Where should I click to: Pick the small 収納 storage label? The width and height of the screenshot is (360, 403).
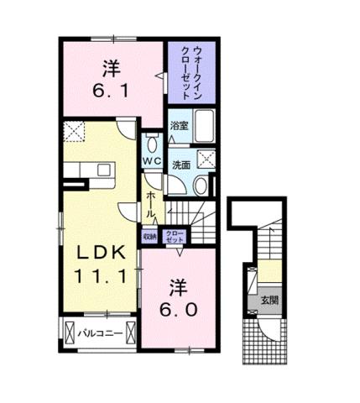[x=149, y=237]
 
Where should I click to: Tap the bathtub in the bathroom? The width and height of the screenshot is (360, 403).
[x=205, y=128]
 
